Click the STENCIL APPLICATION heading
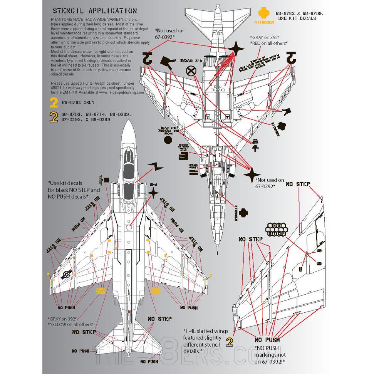click(x=94, y=11)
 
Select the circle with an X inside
click(x=190, y=71)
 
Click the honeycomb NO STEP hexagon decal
click(x=277, y=230)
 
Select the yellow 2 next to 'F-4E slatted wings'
click(x=230, y=342)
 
